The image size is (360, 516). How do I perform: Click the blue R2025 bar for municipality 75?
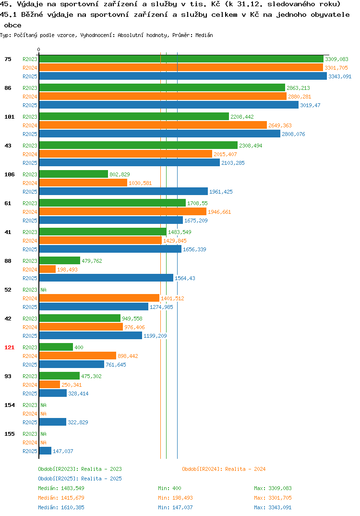click(183, 76)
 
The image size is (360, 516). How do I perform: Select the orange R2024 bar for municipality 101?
click(153, 125)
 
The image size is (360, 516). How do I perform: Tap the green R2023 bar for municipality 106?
click(73, 174)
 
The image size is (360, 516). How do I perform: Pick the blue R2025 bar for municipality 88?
click(106, 278)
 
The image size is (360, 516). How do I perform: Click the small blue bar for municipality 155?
click(45, 451)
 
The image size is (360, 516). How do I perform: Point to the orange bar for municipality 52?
click(99, 298)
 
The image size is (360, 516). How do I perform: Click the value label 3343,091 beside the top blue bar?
click(340, 76)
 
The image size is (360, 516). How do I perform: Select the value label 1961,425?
click(221, 192)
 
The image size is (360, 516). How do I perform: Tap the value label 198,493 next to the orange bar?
click(67, 270)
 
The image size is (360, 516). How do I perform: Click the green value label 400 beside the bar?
click(79, 347)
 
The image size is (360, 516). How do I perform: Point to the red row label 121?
click(10, 347)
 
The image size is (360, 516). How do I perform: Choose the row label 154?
click(10, 405)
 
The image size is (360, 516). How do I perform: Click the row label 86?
click(8, 88)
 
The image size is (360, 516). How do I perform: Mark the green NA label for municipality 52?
click(43, 290)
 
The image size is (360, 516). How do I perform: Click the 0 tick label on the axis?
click(39, 49)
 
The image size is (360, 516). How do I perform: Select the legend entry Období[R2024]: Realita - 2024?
click(224, 469)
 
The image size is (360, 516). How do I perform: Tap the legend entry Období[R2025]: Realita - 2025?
click(80, 479)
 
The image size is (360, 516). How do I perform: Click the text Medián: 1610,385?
click(61, 507)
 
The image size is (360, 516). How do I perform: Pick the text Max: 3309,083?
click(273, 488)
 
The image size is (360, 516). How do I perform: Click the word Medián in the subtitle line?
click(204, 35)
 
